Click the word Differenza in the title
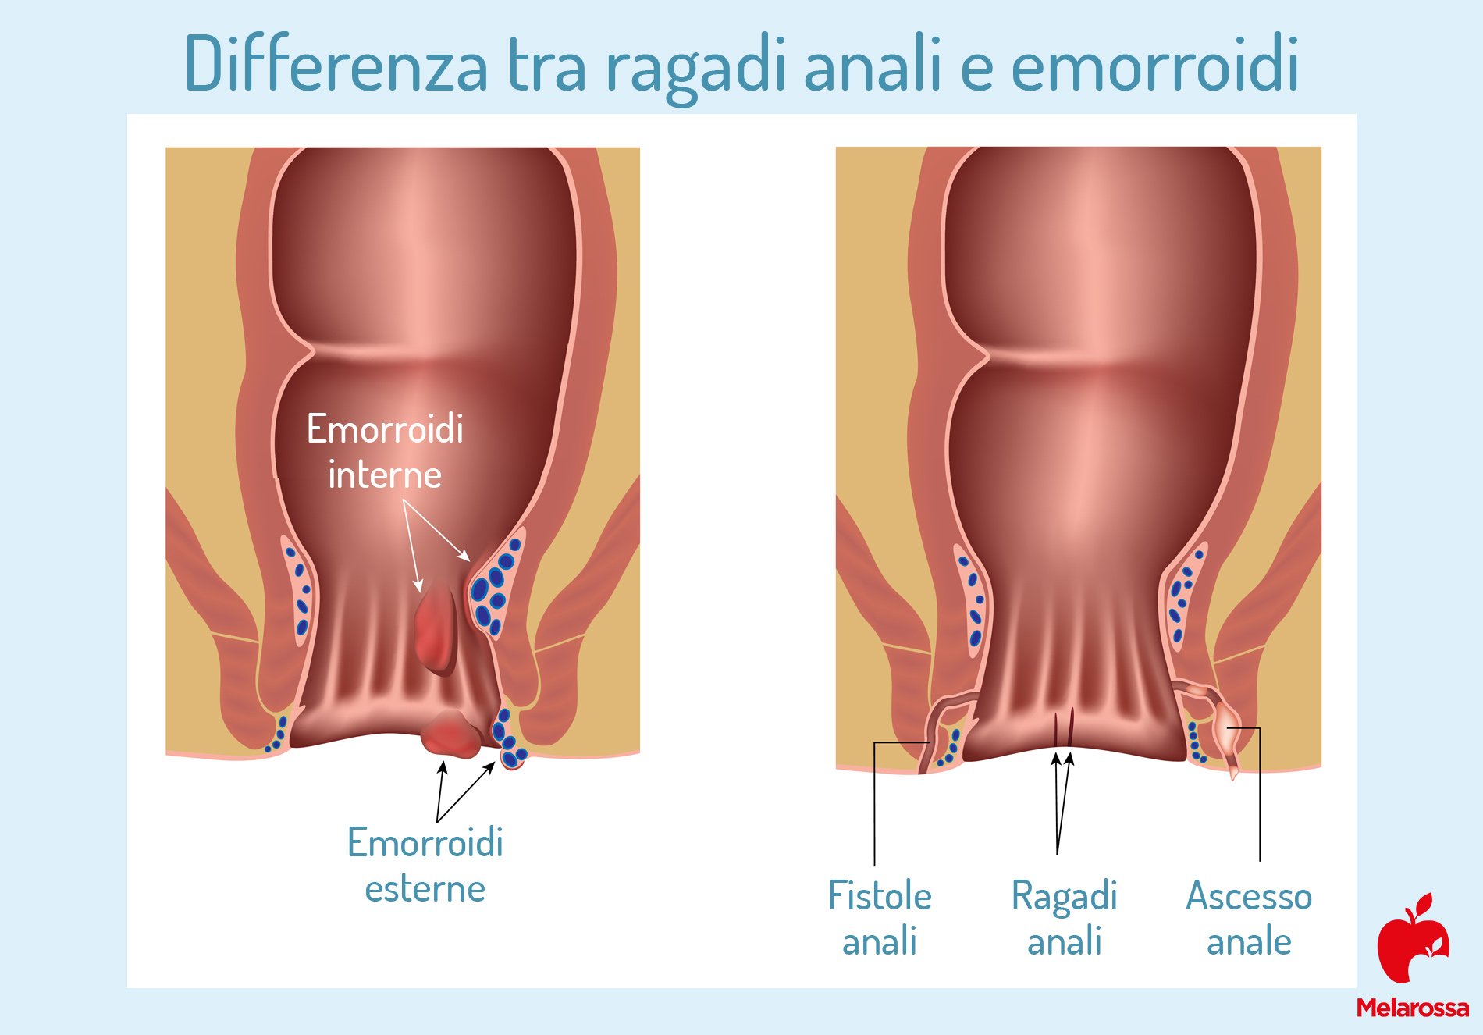click(336, 63)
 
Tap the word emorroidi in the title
click(1155, 63)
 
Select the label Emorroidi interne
click(385, 451)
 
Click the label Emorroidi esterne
click(425, 865)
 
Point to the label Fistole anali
click(880, 917)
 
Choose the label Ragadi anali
click(1065, 917)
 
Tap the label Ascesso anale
click(1249, 917)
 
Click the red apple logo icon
click(1414, 938)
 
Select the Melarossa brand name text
click(1413, 1008)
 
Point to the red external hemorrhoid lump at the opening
click(451, 734)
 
